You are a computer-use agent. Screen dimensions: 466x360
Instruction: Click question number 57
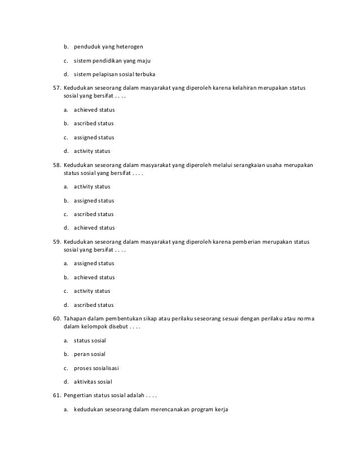(x=56, y=89)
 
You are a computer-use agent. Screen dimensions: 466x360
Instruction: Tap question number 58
(x=56, y=165)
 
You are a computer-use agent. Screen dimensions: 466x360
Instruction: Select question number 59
(x=56, y=242)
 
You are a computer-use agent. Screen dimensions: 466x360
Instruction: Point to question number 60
(x=56, y=319)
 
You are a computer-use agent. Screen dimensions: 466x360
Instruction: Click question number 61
(x=56, y=395)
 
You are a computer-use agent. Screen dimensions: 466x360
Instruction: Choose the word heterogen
(x=135, y=47)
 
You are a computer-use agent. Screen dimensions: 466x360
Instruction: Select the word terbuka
(x=143, y=74)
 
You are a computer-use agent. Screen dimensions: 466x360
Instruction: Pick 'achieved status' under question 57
(x=94, y=109)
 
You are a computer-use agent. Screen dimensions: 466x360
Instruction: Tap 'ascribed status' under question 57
(x=93, y=123)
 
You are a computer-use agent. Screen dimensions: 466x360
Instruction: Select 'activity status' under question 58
(x=92, y=186)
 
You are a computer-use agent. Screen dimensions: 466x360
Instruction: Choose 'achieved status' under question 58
(x=94, y=228)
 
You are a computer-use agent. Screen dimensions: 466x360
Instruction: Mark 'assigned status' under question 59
(x=94, y=263)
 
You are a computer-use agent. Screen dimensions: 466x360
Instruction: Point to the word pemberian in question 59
(x=246, y=242)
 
